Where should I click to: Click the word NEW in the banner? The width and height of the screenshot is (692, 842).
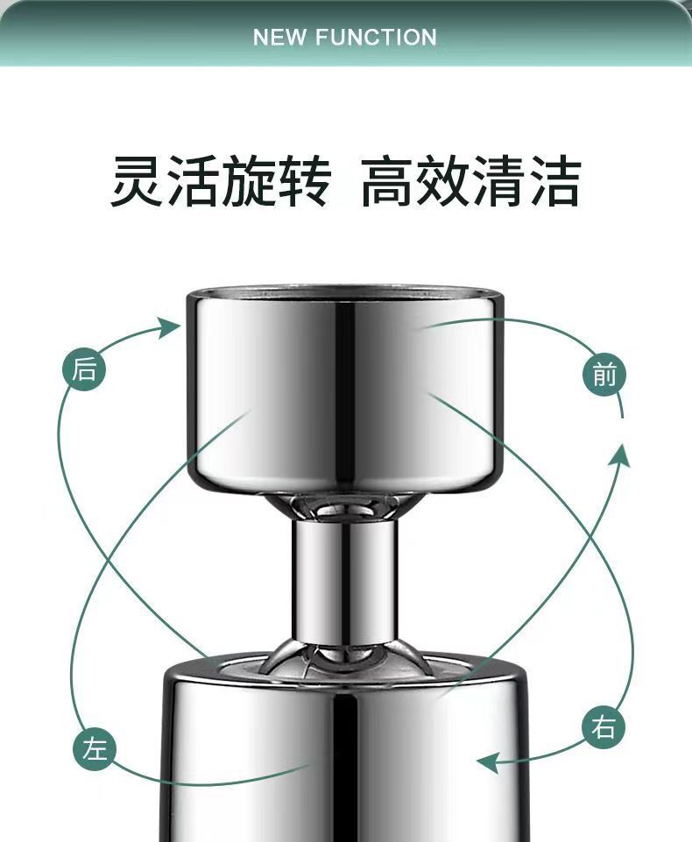279,38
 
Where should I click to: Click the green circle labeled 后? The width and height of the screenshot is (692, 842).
84,370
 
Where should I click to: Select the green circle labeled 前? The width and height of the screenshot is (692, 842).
604,375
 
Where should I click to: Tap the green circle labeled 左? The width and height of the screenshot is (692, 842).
94,748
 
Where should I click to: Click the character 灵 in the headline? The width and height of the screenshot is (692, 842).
138,181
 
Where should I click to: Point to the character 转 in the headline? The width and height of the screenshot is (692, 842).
303,181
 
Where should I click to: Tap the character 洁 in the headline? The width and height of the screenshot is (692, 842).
553,181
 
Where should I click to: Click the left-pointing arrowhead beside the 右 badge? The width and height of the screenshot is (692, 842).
487,762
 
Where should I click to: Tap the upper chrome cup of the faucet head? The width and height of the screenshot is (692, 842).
344,394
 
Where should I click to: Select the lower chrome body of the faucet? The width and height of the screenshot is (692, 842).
344,761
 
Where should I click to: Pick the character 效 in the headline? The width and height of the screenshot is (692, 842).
442,181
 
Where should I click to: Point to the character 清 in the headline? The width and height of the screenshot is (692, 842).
498,181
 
